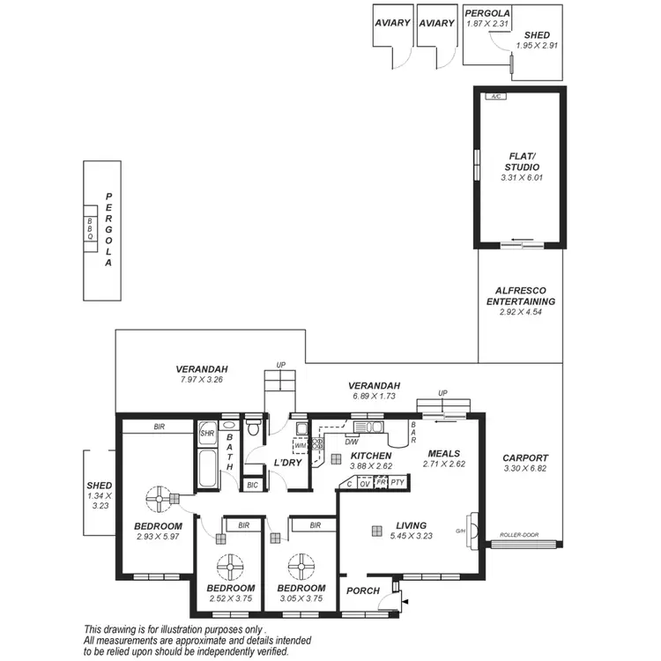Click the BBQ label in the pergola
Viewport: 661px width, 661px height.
89,230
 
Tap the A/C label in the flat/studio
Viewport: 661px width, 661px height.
497,96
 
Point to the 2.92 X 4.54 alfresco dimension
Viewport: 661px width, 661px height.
521,312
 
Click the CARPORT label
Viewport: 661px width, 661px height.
525,457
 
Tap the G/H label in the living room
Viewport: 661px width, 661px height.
459,531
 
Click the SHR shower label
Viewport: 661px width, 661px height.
207,433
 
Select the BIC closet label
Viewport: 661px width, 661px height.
252,485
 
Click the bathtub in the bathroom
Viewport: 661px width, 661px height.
208,467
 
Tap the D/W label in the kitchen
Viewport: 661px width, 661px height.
351,442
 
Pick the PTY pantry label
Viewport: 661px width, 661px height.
397,482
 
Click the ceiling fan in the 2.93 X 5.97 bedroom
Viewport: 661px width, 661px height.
160,500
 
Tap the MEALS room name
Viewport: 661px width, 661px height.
444,454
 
